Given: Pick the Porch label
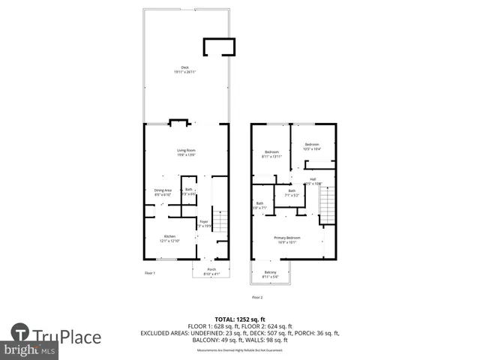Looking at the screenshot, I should click(211, 271).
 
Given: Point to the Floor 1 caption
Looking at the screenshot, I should click(150, 273).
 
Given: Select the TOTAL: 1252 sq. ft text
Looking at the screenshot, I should click(239, 319).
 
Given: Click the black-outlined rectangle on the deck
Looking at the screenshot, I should click(218, 47).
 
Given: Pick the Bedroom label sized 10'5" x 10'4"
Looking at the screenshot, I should click(312, 146).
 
